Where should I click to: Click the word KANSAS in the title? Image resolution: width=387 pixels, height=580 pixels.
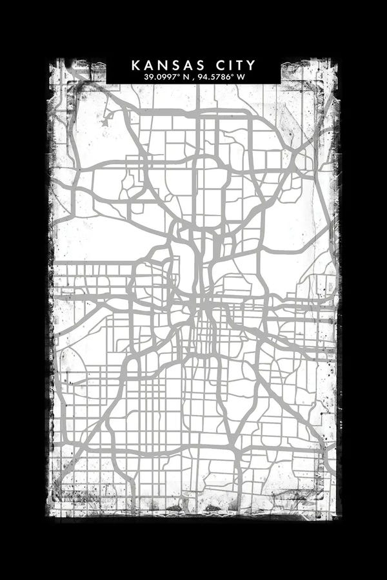167,65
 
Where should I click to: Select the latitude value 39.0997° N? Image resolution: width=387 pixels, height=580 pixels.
169,77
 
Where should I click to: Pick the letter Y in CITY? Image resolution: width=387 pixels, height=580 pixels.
251,65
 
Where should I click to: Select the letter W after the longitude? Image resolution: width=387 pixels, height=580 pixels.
241,77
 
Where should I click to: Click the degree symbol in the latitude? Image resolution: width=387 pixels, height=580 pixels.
181,75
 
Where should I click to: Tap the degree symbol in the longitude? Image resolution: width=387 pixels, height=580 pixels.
233,75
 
